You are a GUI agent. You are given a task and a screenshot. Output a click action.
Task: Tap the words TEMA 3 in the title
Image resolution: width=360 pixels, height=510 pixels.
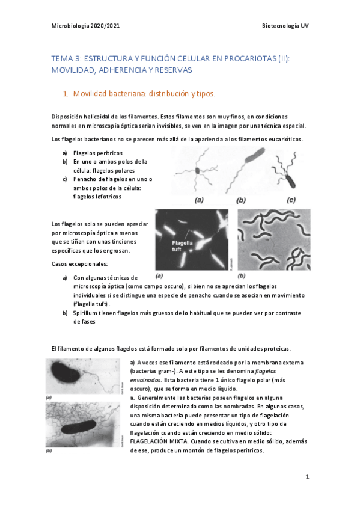click(x=65, y=58)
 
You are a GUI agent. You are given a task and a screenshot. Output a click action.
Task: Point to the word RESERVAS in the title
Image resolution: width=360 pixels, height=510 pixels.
click(x=174, y=70)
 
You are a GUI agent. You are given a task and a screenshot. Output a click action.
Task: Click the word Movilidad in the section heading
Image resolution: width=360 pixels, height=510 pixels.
click(x=90, y=94)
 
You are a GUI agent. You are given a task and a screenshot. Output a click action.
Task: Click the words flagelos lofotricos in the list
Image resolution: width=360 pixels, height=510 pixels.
click(x=99, y=196)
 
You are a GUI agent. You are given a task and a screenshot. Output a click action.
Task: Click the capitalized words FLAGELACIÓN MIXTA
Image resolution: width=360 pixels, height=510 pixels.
click(x=165, y=440)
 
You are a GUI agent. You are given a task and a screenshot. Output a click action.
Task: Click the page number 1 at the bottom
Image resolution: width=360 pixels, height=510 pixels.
click(x=307, y=476)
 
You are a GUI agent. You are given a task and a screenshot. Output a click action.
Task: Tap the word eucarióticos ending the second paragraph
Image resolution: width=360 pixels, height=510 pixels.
click(x=282, y=140)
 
